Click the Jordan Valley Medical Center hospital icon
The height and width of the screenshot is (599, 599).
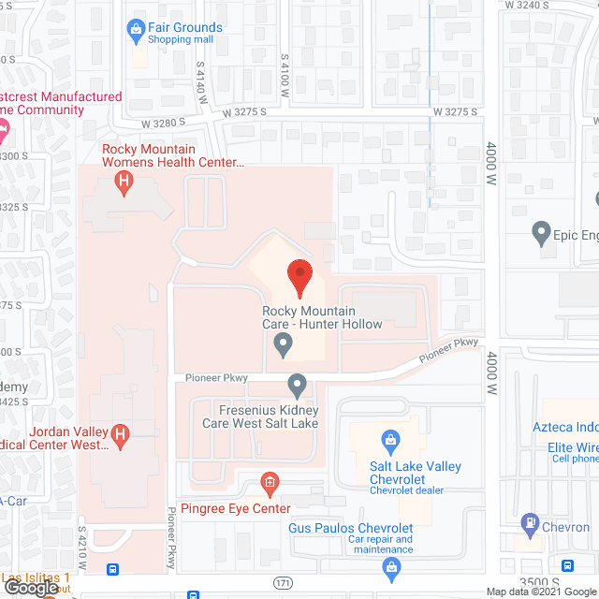click(120, 433)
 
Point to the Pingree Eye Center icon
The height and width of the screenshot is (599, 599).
click(270, 483)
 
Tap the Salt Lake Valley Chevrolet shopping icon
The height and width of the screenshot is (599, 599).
click(390, 440)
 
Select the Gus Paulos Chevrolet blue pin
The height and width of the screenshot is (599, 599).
click(391, 567)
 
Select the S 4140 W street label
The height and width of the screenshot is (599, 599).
click(200, 83)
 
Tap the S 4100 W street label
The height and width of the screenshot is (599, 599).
click(285, 77)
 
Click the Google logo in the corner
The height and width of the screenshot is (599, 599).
click(30, 589)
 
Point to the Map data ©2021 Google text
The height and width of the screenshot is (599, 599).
click(540, 592)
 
